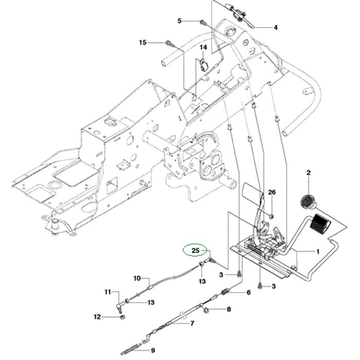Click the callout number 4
point(275,27)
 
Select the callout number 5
point(179,21)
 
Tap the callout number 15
point(143,42)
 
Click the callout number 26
point(272,192)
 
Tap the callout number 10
point(137,278)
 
